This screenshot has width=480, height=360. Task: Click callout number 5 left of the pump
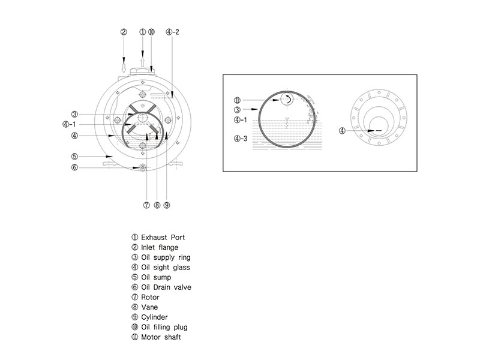pyautogui.click(x=74, y=157)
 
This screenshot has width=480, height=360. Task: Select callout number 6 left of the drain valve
pyautogui.click(x=74, y=167)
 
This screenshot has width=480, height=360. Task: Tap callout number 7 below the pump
pyautogui.click(x=146, y=205)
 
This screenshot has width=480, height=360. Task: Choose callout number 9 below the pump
pyautogui.click(x=166, y=205)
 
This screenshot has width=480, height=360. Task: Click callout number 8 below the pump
pyautogui.click(x=156, y=205)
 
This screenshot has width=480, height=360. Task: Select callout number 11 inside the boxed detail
pyautogui.click(x=237, y=100)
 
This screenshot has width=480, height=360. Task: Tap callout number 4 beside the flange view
pyautogui.click(x=341, y=130)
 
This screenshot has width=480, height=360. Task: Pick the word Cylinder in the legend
pyautogui.click(x=154, y=317)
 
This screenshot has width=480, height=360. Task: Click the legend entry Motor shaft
pyautogui.click(x=160, y=337)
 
